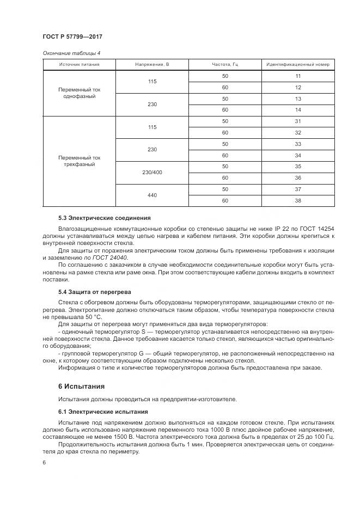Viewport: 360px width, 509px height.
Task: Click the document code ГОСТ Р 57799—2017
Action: pyautogui.click(x=72, y=36)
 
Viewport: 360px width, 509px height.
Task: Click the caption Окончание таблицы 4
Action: pyautogui.click(x=71, y=53)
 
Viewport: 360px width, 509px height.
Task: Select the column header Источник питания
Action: pyautogui.click(x=79, y=65)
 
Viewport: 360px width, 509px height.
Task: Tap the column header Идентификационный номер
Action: pyautogui.click(x=298, y=65)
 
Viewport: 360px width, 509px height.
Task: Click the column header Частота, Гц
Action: pyautogui.click(x=225, y=65)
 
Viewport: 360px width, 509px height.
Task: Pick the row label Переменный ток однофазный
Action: pyautogui.click(x=79, y=93)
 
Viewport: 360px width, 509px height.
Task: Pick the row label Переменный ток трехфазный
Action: pyautogui.click(x=79, y=161)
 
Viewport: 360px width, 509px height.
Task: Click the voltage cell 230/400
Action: pyautogui.click(x=152, y=172)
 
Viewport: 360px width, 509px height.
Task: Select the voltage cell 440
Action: pyautogui.click(x=152, y=194)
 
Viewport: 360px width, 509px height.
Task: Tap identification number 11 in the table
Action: pyautogui.click(x=298, y=76)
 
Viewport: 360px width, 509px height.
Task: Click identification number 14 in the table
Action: pyautogui.click(x=298, y=109)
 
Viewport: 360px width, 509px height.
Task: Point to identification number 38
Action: pyautogui.click(x=298, y=200)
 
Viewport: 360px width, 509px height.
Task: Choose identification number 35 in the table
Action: pyautogui.click(x=298, y=166)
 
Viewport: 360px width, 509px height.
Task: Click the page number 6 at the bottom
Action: pyautogui.click(x=44, y=463)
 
